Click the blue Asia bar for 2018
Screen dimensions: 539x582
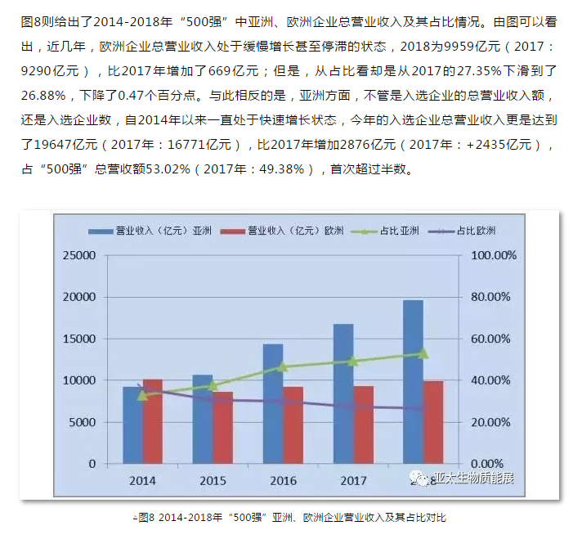click(413, 382)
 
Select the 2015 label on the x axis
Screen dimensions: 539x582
click(213, 479)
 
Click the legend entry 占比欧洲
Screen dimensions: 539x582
click(477, 231)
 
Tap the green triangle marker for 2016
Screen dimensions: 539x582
click(283, 367)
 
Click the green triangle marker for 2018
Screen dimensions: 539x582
click(423, 353)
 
